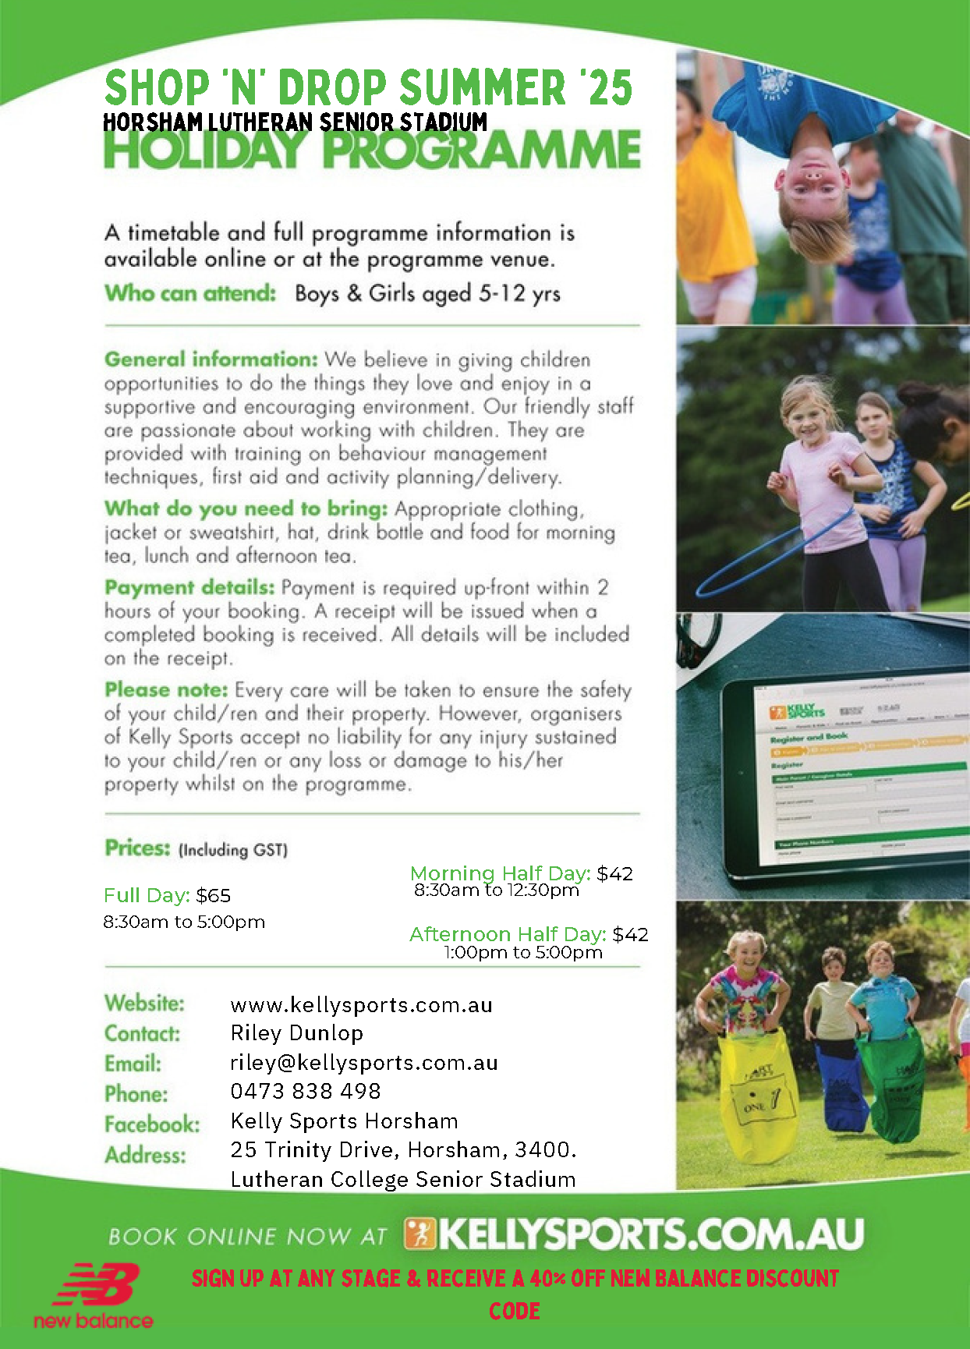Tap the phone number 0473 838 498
coord(306,1092)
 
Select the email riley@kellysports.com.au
coord(363,1063)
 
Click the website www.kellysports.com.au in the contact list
coord(361,1005)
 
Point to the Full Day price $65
coord(213,896)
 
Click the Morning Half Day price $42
coord(614,873)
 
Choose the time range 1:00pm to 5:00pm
coord(523,953)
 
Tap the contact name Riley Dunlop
coord(296,1033)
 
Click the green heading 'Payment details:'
coord(189,587)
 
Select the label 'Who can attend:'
coord(190,293)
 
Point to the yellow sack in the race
coord(758,1099)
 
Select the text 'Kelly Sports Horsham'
coord(344,1121)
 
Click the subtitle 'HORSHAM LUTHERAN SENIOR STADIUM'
coord(295,122)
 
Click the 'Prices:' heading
coord(137,848)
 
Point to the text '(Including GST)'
coord(233,850)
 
